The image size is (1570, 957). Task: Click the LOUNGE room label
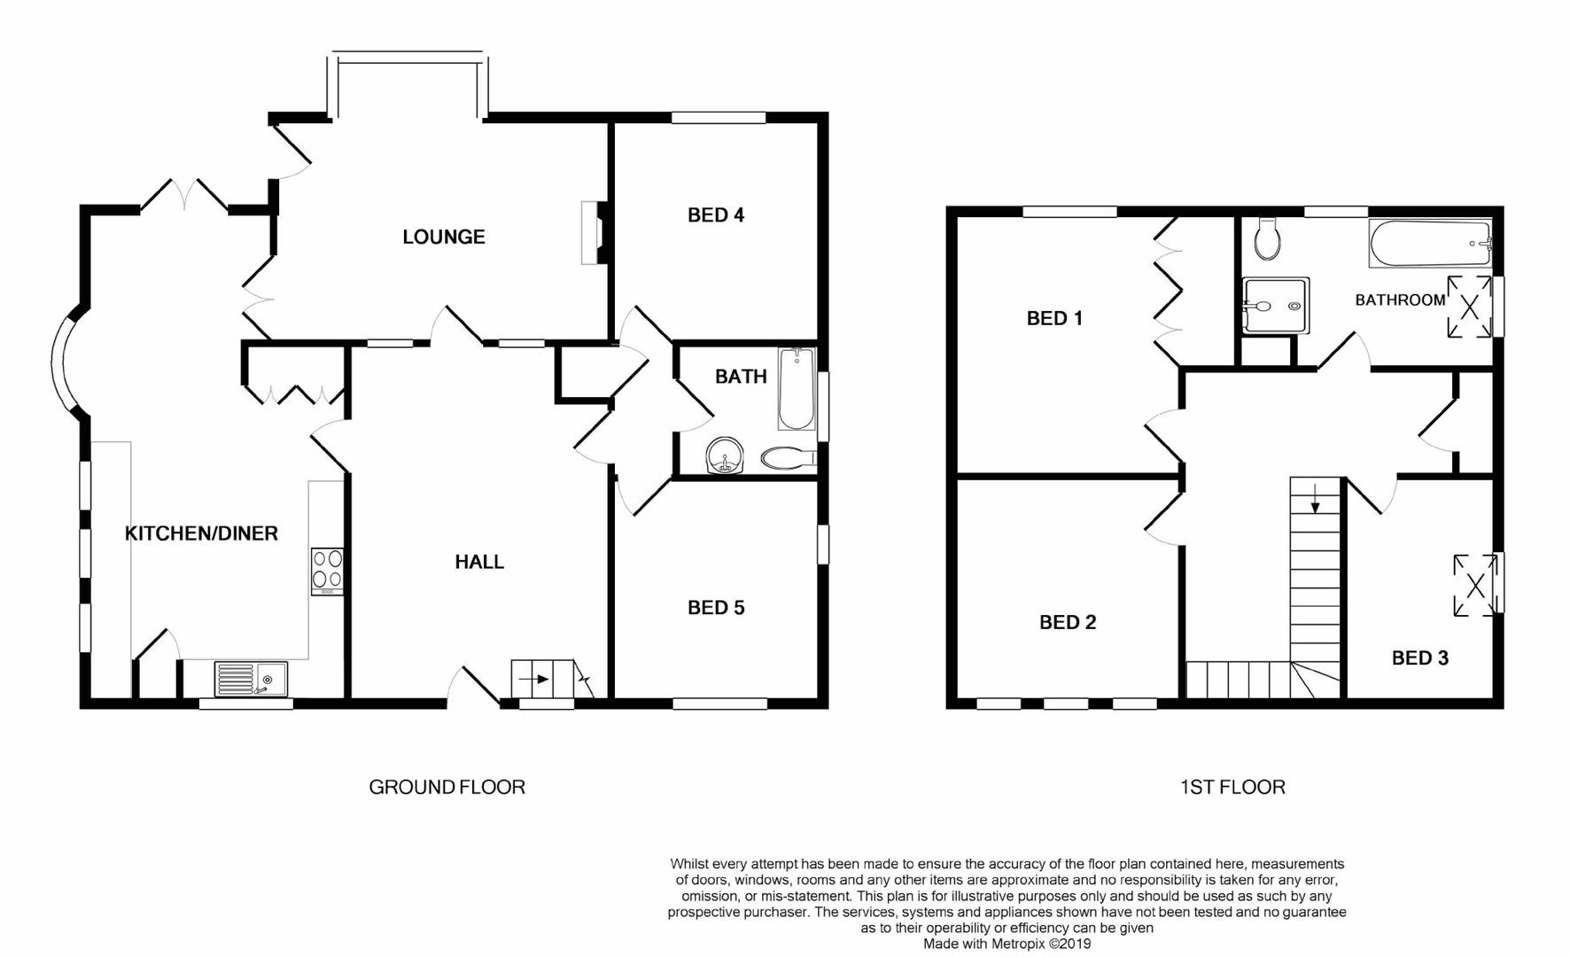pos(443,237)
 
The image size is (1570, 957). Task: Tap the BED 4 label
pos(715,215)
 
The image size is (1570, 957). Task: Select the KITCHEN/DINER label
pos(201,533)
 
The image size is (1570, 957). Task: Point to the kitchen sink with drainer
pos(251,680)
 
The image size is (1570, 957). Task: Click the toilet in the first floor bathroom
pos(1267,239)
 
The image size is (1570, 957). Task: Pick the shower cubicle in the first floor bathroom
pos(1275,306)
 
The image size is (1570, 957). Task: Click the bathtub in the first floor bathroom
pos(1429,243)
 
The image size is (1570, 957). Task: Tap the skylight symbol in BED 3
pos(1475,586)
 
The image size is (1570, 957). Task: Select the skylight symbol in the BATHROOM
pos(1468,307)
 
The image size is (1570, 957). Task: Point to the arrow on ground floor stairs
pos(533,680)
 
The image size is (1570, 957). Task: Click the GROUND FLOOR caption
pos(447,787)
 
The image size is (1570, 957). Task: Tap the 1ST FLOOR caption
pos(1232,787)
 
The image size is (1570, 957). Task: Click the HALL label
pos(479,562)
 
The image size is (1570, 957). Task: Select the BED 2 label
pos(1067,623)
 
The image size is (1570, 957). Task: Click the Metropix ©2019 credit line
pos(1007,944)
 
